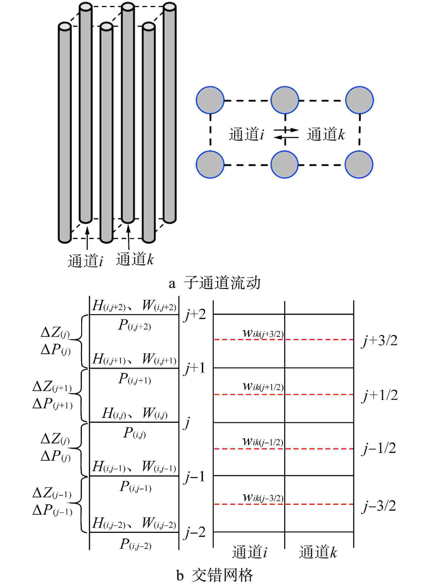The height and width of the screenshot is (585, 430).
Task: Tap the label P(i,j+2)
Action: point(134,325)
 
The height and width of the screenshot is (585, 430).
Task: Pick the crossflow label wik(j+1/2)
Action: point(263,387)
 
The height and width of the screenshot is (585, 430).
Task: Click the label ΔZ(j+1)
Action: point(52,387)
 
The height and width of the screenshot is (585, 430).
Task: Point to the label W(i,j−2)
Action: point(159,524)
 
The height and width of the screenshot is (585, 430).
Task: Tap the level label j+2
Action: point(195,315)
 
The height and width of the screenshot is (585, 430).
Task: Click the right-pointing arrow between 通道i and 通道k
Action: point(286,129)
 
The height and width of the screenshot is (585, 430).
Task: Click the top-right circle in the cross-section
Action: point(359,100)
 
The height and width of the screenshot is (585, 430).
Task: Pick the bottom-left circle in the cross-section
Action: point(210,165)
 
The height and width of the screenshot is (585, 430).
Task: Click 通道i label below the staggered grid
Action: point(249,552)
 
